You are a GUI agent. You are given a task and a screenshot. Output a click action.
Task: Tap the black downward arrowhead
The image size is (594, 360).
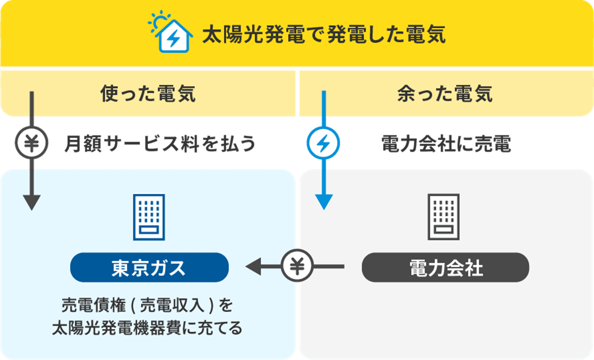[32, 202]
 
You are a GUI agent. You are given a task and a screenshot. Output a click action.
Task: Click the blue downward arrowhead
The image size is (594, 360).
[323, 202]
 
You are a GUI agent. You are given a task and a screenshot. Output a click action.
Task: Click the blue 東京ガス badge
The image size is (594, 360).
[149, 268]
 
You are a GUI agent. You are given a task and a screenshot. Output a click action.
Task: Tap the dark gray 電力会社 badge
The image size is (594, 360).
[445, 268]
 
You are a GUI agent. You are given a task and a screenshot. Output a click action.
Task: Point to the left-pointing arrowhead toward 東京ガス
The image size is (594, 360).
[253, 267]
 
